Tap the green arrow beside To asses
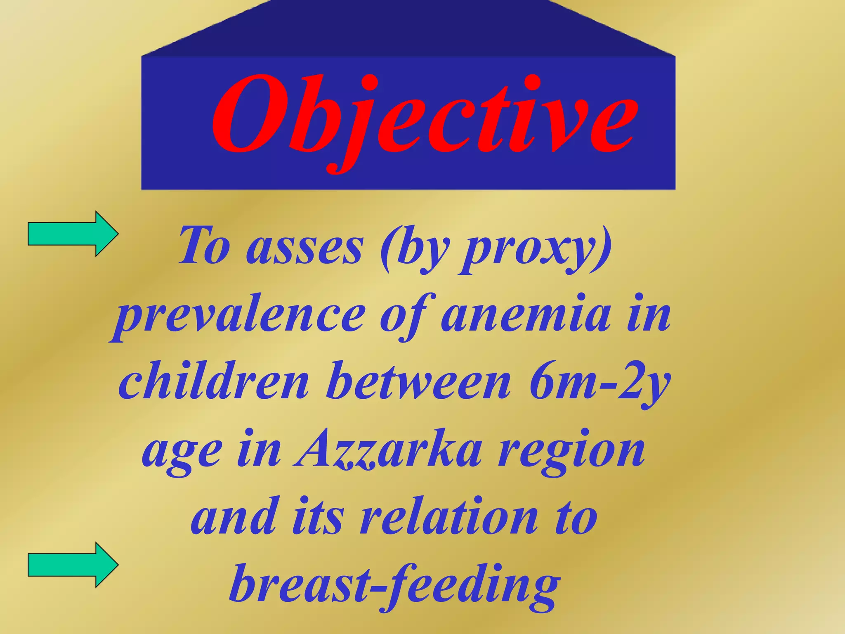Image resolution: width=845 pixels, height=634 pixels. [73, 234]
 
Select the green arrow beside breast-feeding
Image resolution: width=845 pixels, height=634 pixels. [73, 565]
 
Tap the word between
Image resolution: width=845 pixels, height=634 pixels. [418, 382]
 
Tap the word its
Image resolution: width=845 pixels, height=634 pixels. [318, 518]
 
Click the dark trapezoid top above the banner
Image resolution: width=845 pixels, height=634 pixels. [408, 29]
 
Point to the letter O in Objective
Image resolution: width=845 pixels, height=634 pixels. [248, 114]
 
